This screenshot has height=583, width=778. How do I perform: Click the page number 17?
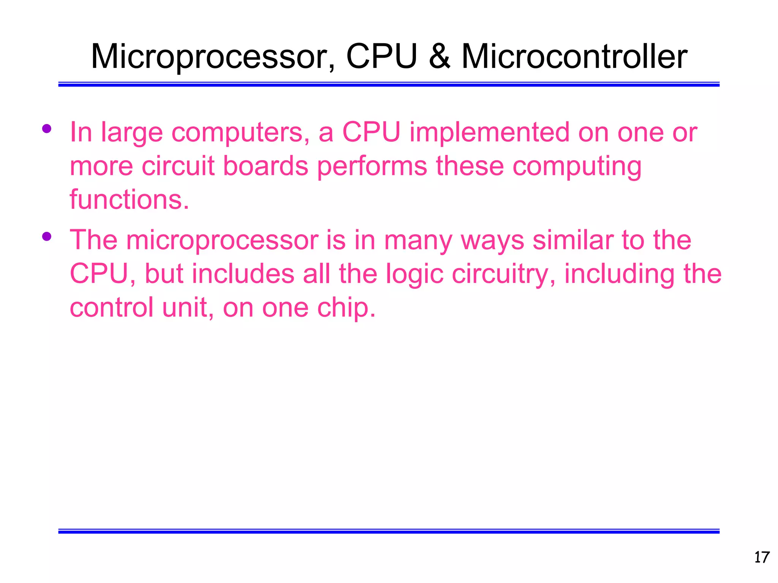click(x=761, y=558)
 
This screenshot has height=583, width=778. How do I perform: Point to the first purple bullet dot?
click(x=47, y=129)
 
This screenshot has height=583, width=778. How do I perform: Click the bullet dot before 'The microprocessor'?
click(x=47, y=236)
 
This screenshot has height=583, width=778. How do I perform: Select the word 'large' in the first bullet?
click(x=132, y=133)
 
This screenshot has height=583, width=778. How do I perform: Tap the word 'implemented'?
click(x=489, y=133)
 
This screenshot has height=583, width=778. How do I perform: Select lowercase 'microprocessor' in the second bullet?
click(x=222, y=241)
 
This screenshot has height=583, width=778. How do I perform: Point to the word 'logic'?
click(x=414, y=274)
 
